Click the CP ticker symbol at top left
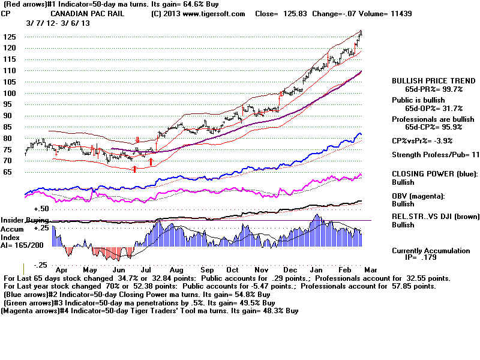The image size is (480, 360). pyautogui.click(x=8, y=13)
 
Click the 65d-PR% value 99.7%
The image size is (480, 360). pyautogui.click(x=448, y=88)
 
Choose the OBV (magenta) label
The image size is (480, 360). pyautogui.click(x=419, y=196)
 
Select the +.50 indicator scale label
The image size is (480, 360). pyautogui.click(x=41, y=209)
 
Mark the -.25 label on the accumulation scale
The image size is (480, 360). pyautogui.click(x=40, y=265)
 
